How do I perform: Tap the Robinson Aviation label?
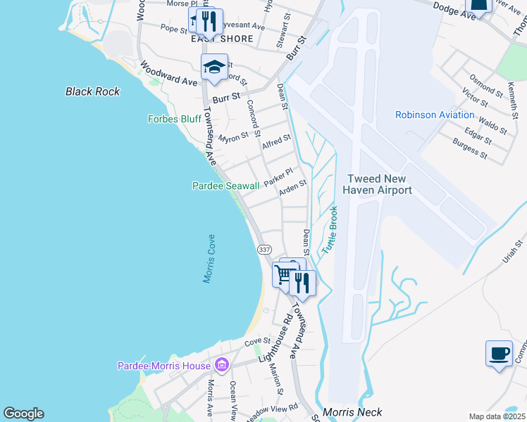point(435,115)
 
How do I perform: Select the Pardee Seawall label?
point(226,186)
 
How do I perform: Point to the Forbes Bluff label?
point(175,119)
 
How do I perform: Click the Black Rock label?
point(92,91)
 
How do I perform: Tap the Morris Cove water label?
point(210,259)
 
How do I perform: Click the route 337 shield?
point(264,250)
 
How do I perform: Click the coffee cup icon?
point(499,353)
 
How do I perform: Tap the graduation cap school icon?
point(214,68)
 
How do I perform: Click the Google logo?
point(23,414)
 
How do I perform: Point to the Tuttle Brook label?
point(330,230)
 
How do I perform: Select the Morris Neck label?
point(352,412)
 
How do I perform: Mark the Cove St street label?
point(252,342)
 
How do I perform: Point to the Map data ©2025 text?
point(497,416)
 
